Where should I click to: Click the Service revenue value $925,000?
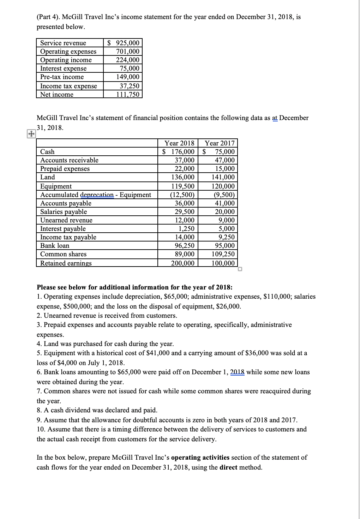point(124,43)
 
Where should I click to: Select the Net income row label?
point(57,95)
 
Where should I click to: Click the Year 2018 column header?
point(179,143)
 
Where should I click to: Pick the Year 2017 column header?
point(220,143)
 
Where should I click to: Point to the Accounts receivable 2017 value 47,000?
point(224,160)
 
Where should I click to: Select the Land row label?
point(48,177)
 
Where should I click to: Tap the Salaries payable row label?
point(64,212)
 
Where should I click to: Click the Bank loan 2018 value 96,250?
point(185,246)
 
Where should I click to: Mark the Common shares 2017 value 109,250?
point(223,254)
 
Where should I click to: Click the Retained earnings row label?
point(66,263)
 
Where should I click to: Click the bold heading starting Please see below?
point(134,287)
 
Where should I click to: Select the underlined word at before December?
point(275,118)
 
